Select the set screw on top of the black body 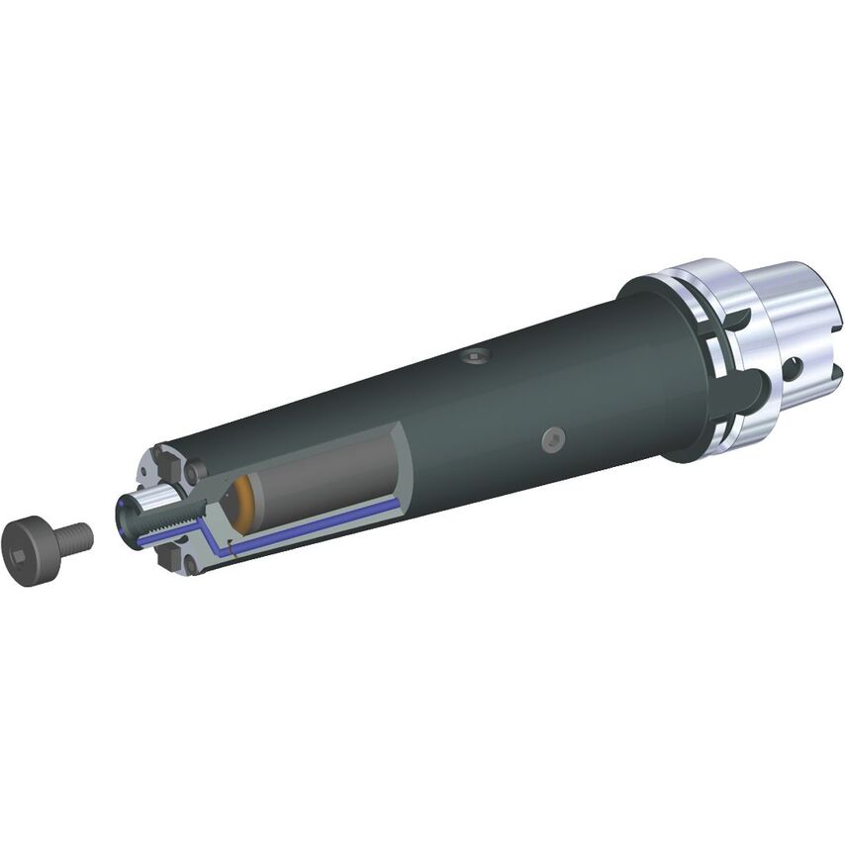[x=478, y=355]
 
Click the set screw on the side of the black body [x=553, y=437]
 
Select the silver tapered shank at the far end [x=792, y=317]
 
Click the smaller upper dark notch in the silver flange [x=738, y=319]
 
